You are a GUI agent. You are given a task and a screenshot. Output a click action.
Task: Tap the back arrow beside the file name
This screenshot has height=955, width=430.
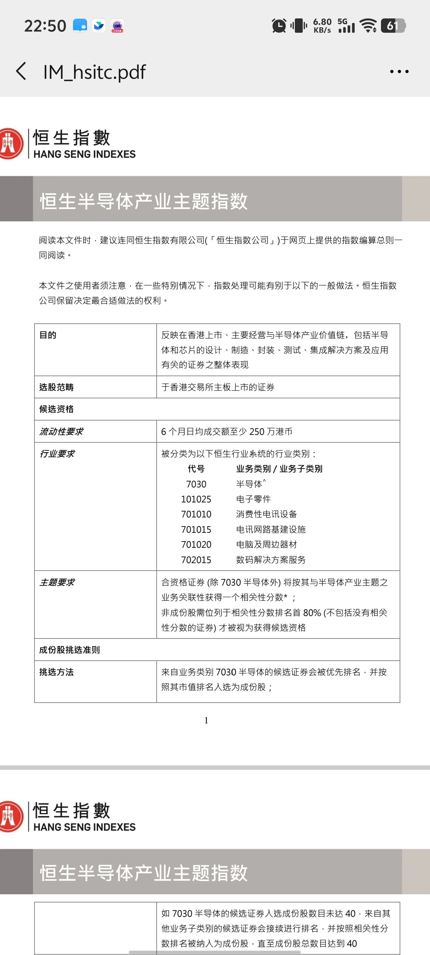(21, 71)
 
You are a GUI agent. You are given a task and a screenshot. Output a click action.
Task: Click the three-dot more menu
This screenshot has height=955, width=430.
(399, 71)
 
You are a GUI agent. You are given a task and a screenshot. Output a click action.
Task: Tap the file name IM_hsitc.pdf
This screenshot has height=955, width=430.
(94, 72)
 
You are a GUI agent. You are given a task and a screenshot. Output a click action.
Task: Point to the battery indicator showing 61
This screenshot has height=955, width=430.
(393, 26)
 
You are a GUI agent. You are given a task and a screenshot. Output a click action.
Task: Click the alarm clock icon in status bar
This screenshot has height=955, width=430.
(278, 26)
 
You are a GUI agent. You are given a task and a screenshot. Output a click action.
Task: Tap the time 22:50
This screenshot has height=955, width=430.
(45, 26)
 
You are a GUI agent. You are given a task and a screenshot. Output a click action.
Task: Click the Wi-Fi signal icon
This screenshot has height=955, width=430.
(369, 26)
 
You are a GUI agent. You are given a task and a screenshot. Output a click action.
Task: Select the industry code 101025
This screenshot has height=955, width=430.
(196, 499)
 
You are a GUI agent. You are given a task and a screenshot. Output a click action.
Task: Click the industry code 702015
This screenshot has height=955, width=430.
(196, 560)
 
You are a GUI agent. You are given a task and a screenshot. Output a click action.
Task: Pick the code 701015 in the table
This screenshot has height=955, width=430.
(196, 529)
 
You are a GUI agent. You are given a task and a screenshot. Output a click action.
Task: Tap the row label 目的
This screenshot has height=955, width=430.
(48, 335)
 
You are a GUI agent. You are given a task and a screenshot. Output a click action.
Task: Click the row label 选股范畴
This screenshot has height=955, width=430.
(56, 387)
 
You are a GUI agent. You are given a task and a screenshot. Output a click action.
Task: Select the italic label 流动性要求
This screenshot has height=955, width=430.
(61, 431)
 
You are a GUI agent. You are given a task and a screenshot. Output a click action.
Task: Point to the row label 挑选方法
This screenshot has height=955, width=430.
(56, 672)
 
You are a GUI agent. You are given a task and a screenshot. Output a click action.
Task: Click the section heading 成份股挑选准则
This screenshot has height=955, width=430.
(69, 650)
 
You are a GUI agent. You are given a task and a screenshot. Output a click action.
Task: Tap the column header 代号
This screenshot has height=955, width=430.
(196, 469)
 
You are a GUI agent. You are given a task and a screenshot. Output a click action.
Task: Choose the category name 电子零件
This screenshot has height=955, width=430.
(254, 499)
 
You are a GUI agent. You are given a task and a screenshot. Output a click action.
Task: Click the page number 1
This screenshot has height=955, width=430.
(206, 720)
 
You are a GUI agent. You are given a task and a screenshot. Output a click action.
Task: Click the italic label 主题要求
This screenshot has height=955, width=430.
(57, 583)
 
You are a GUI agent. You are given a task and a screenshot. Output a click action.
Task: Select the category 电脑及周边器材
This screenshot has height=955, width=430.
(267, 545)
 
